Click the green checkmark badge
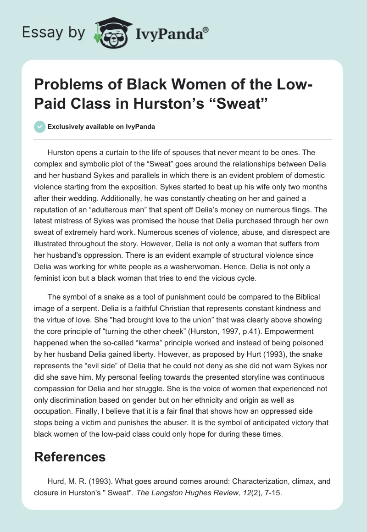(x=40, y=127)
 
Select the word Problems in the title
(x=63, y=85)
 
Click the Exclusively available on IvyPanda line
(x=101, y=127)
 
